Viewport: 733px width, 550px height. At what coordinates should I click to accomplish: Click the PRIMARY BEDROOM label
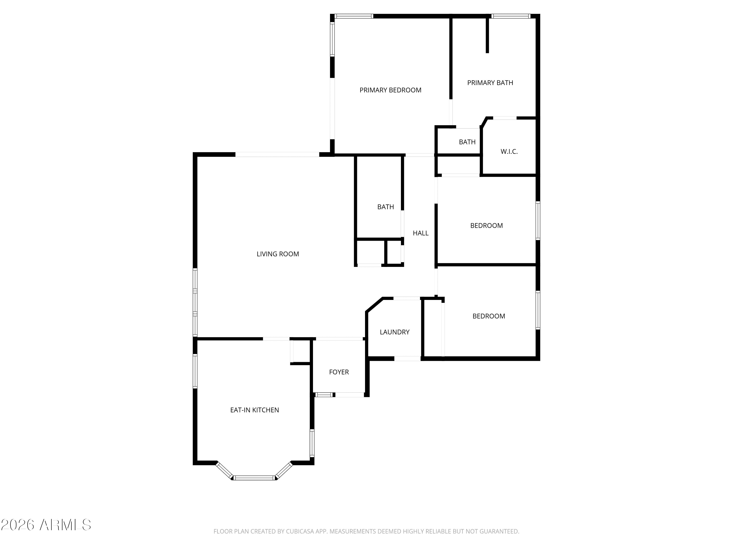(x=390, y=90)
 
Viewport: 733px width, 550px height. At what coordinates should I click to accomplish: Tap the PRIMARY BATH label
(x=490, y=83)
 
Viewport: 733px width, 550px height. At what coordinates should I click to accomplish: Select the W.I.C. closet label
(x=509, y=152)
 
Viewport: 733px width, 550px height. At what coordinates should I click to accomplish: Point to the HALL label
(x=420, y=233)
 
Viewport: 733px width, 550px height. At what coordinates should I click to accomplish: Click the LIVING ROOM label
(x=278, y=254)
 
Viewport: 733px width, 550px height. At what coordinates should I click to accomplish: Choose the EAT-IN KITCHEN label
(x=255, y=410)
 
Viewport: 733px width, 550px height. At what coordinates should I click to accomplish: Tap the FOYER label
(x=339, y=372)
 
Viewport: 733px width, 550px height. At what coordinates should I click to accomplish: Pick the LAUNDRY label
(x=394, y=332)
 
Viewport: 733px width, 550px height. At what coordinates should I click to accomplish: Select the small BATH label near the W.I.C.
(x=467, y=142)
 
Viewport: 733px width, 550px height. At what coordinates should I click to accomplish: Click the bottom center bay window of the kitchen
(x=255, y=478)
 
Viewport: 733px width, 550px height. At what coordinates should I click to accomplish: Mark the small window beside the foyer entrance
(x=323, y=395)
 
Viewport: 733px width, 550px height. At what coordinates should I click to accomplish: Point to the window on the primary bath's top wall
(x=510, y=16)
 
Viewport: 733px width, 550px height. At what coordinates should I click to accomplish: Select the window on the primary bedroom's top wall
(x=354, y=16)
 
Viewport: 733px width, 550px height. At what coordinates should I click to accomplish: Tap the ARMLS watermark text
(x=65, y=525)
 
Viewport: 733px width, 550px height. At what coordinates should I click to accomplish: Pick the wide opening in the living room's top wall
(x=277, y=154)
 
